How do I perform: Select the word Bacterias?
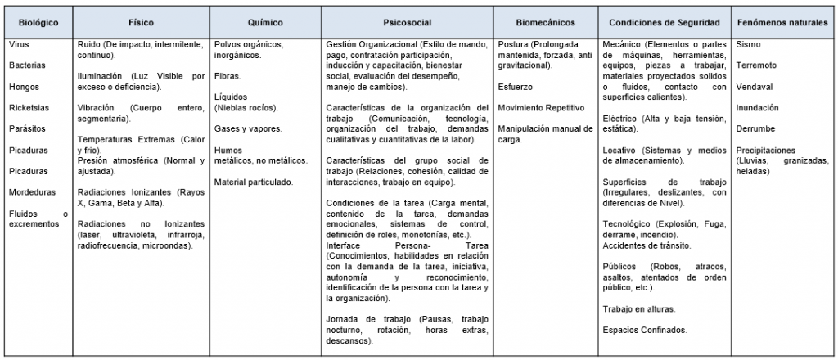tap(27, 64)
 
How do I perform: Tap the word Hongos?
tap(24, 86)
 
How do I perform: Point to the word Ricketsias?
tap(29, 107)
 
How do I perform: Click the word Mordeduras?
tap(31, 193)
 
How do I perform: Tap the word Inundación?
tap(758, 107)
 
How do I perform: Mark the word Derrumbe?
tap(755, 129)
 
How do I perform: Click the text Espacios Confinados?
tap(643, 330)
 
